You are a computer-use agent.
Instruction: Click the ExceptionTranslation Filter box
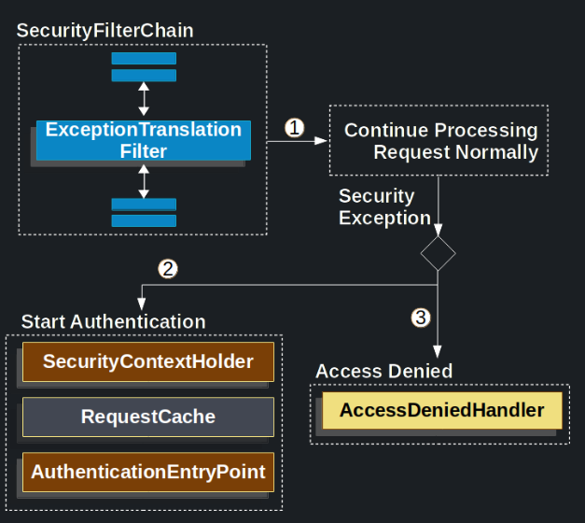[x=144, y=141]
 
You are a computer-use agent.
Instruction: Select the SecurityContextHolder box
[x=148, y=361]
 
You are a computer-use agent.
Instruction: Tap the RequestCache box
[x=148, y=417]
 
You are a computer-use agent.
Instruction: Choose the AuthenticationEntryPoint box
[x=148, y=472]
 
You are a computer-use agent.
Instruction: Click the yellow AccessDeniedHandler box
[x=441, y=410]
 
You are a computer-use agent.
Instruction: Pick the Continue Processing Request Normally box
[x=439, y=141]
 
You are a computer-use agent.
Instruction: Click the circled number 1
[x=295, y=128]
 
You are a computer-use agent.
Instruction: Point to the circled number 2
[x=168, y=269]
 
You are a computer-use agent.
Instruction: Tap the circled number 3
[x=421, y=318]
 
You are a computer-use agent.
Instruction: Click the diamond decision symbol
[x=439, y=252]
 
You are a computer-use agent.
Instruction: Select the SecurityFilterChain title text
[x=105, y=31]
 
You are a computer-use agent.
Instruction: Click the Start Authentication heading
[x=113, y=322]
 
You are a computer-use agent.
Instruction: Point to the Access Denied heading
[x=383, y=371]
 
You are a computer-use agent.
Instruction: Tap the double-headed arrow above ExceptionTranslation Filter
[x=144, y=97]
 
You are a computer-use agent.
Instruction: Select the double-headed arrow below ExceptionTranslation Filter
[x=144, y=181]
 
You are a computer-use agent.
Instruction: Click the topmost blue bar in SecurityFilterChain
[x=144, y=58]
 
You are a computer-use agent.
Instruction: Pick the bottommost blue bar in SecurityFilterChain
[x=144, y=220]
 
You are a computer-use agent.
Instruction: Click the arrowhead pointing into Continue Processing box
[x=323, y=141]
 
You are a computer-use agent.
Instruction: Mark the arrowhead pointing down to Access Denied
[x=439, y=351]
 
